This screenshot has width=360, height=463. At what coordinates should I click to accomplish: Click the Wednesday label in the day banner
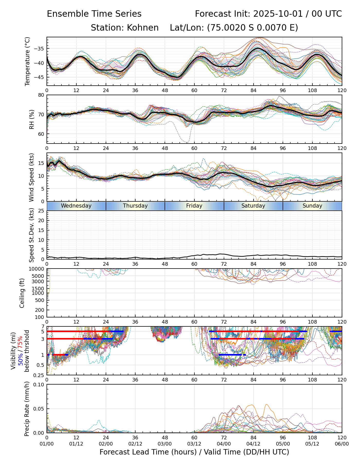pyautogui.click(x=76, y=206)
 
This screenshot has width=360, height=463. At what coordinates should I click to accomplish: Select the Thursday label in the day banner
pyautogui.click(x=135, y=206)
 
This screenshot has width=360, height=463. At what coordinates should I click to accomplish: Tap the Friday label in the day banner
pyautogui.click(x=194, y=206)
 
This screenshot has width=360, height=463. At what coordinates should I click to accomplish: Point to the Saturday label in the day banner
pyautogui.click(x=253, y=206)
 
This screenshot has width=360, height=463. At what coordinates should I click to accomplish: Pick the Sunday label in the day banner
pyautogui.click(x=312, y=206)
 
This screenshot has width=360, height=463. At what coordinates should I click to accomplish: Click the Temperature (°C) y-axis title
pyautogui.click(x=28, y=61)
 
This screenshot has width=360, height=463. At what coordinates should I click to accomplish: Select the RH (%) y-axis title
pyautogui.click(x=32, y=119)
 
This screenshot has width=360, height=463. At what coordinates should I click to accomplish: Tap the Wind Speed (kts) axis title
pyautogui.click(x=32, y=177)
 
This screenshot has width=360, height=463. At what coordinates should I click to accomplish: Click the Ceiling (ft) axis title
pyautogui.click(x=22, y=293)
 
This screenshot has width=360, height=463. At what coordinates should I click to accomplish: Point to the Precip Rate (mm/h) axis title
pyautogui.click(x=27, y=409)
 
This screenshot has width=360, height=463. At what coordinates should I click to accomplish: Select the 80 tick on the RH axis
pyautogui.click(x=41, y=95)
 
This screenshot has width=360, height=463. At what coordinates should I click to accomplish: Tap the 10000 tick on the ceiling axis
pyautogui.click(x=38, y=269)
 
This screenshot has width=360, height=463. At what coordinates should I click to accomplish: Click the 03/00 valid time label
pyautogui.click(x=165, y=444)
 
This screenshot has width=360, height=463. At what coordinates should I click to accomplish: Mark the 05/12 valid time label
pyautogui.click(x=312, y=444)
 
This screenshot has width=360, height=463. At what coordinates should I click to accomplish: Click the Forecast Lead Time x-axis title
pyautogui.click(x=194, y=452)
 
